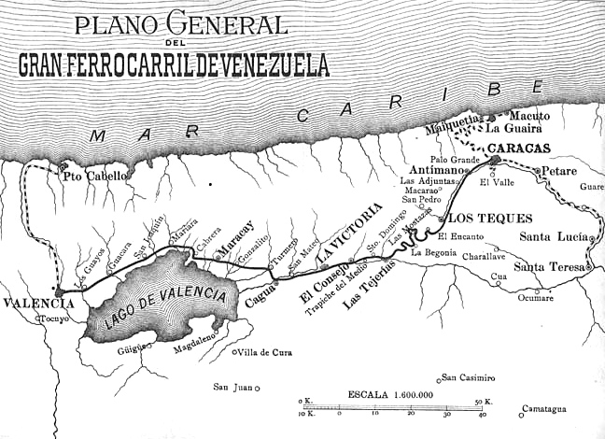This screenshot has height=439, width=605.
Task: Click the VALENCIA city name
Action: pyautogui.click(x=37, y=304)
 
